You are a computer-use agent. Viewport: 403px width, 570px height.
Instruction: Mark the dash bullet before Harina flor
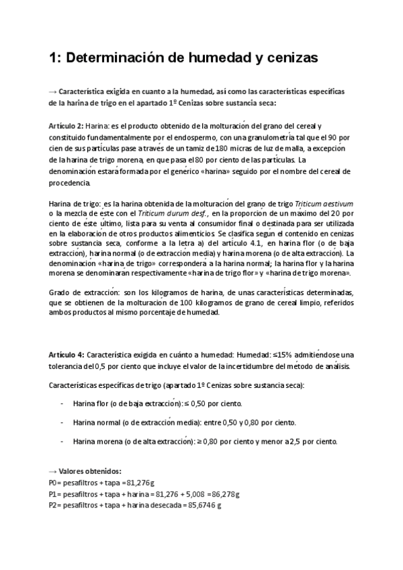62,403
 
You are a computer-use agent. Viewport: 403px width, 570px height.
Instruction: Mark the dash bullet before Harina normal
62,422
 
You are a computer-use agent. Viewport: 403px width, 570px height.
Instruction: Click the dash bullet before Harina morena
62,442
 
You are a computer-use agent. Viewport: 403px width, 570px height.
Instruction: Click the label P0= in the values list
56,483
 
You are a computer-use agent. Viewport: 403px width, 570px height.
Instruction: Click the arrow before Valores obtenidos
53,473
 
